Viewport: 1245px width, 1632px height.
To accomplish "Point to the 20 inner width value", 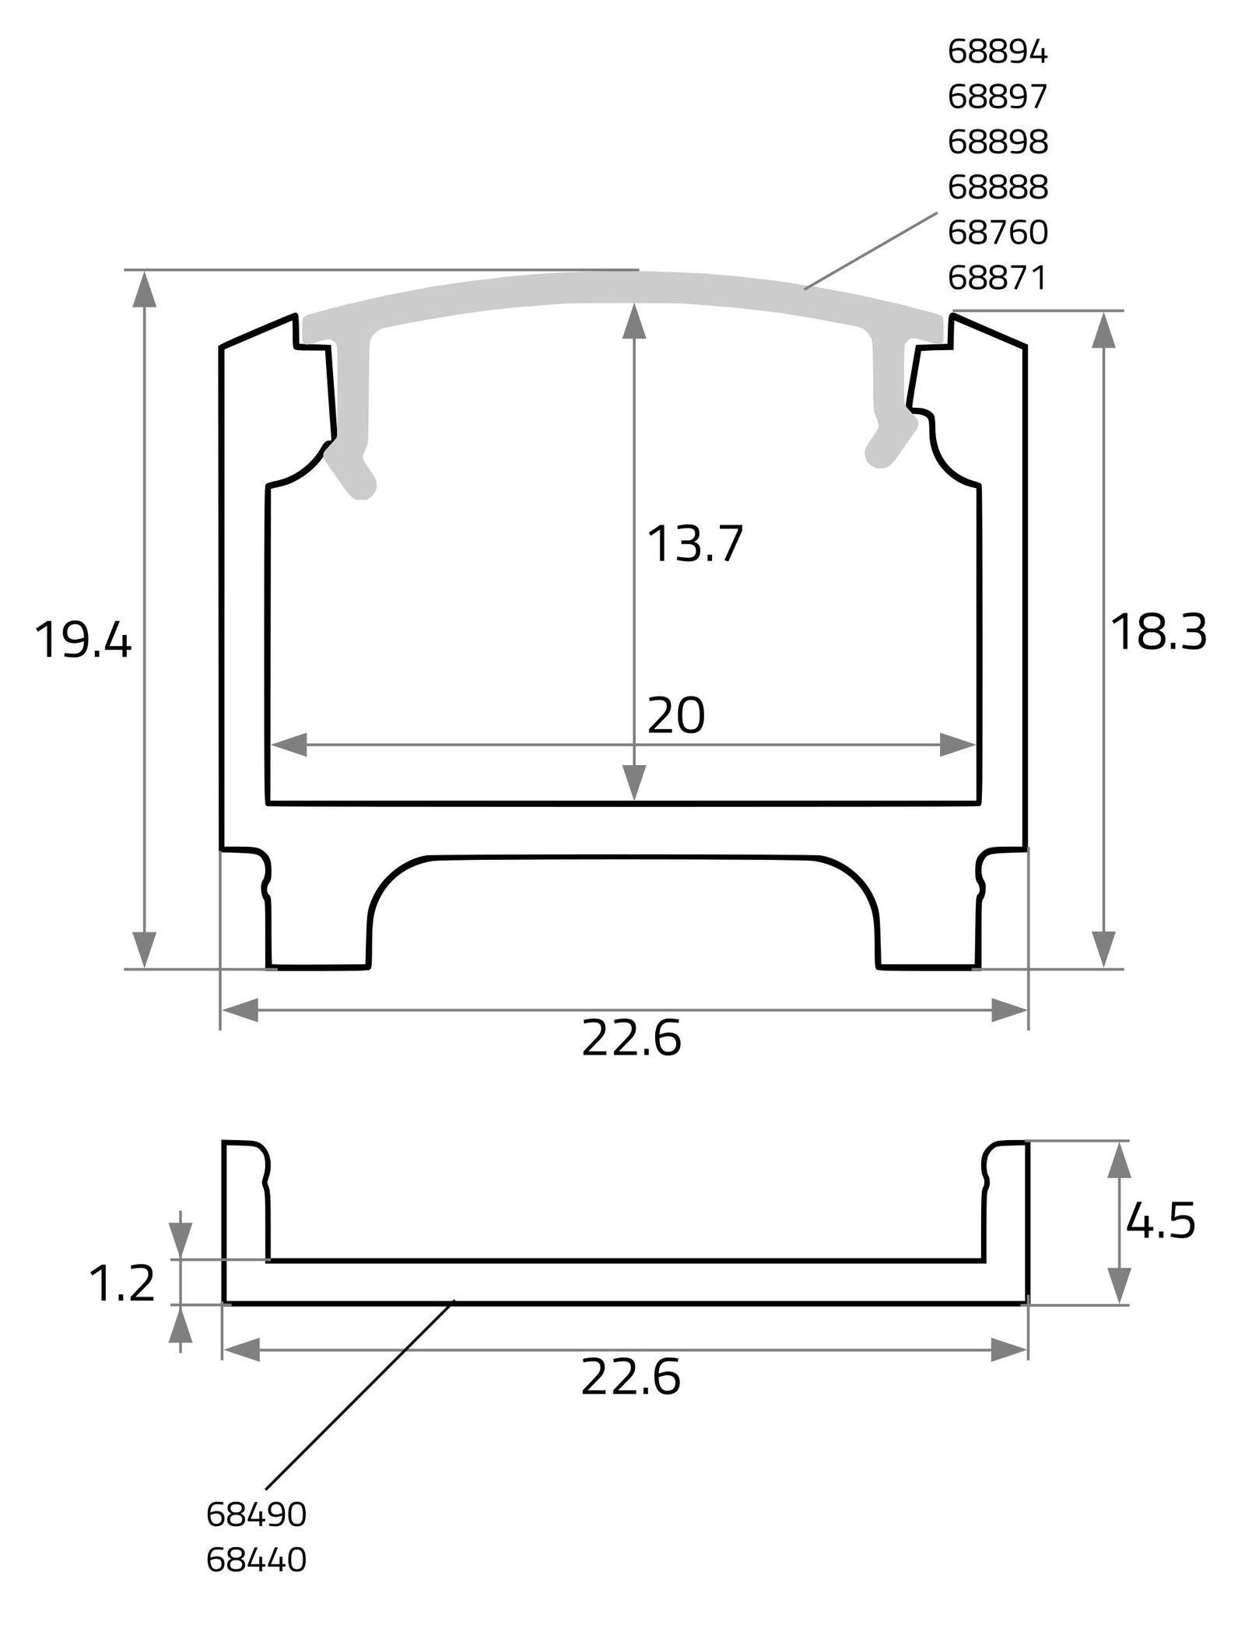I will (675, 715).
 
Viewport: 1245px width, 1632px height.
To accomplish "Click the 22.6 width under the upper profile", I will (631, 1039).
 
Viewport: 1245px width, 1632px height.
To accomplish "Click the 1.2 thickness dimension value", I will (122, 1283).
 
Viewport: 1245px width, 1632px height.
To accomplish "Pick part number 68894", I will (998, 52).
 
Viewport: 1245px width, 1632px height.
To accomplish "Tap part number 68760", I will (998, 232).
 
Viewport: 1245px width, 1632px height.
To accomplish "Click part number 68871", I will (998, 277).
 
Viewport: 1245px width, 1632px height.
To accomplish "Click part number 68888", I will (998, 187).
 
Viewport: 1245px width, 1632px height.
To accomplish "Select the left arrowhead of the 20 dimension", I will (289, 744).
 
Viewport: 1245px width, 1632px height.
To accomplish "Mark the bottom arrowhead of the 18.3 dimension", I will (1104, 949).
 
